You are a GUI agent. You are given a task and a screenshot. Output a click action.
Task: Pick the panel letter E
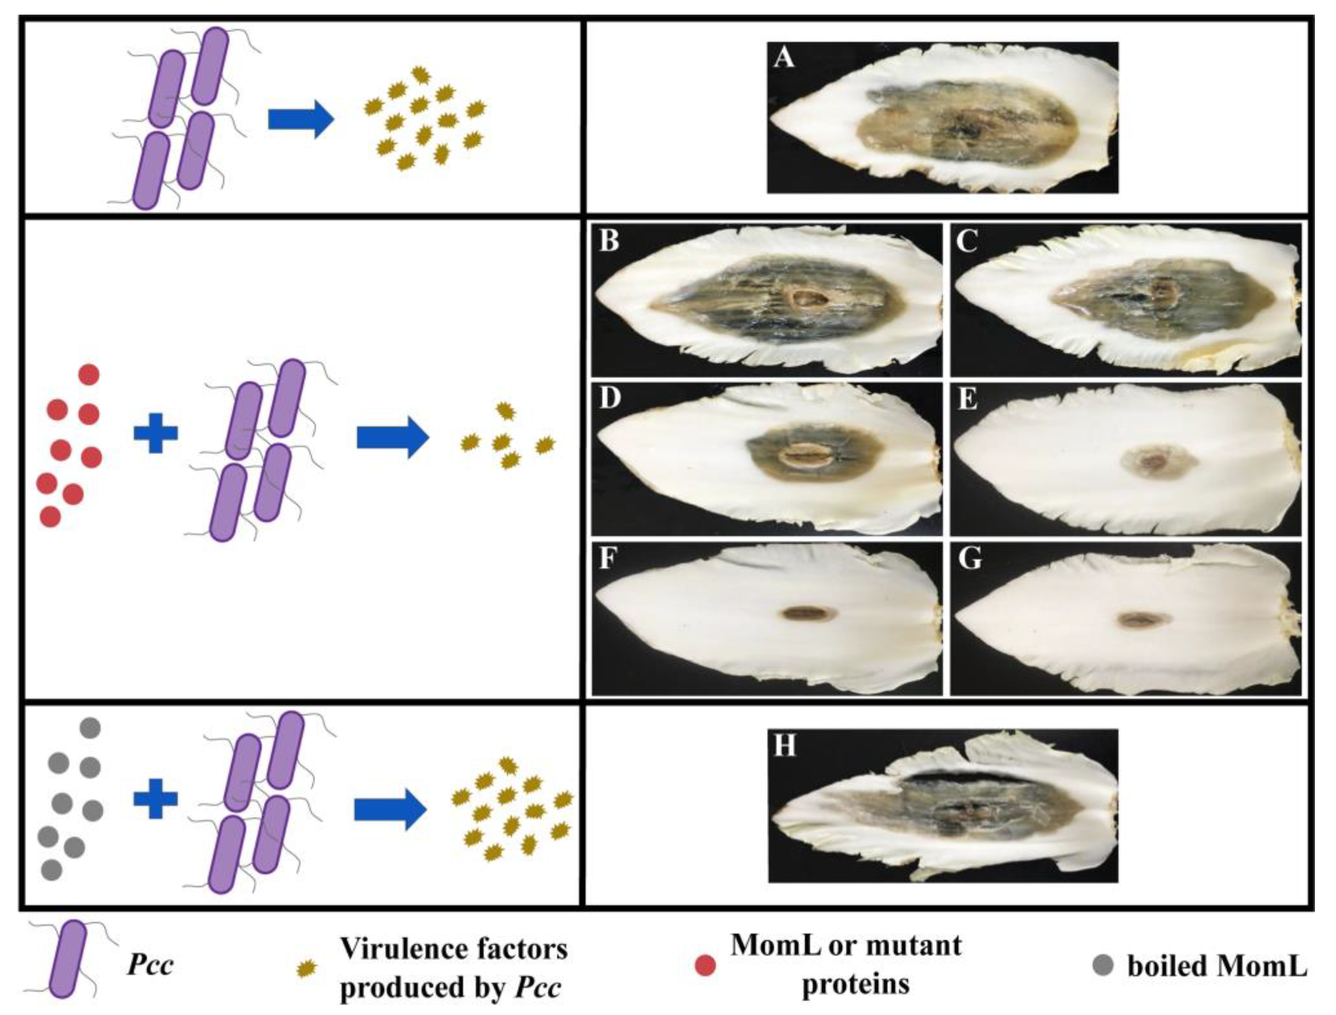[968, 399]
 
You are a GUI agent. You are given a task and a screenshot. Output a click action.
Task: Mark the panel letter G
[969, 559]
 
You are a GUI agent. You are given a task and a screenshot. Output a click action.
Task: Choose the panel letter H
[784, 747]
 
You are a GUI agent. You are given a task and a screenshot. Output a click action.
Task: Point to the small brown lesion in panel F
[809, 614]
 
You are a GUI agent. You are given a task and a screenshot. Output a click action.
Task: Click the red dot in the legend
[705, 966]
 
